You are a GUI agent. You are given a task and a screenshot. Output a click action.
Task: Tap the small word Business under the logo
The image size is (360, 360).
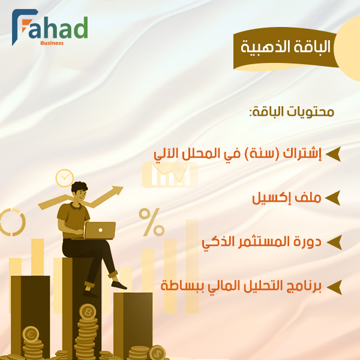52,43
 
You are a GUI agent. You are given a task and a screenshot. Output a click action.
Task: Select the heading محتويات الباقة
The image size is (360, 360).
291,112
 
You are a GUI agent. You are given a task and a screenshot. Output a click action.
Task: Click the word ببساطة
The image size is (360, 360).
183,286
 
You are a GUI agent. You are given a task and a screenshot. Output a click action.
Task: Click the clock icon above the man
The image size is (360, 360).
64,178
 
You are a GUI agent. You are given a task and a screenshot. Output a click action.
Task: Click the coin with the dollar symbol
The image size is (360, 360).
157,352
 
